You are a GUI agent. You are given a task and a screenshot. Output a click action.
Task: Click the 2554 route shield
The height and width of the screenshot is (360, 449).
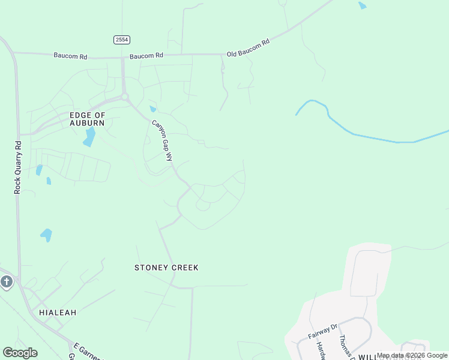[122, 40]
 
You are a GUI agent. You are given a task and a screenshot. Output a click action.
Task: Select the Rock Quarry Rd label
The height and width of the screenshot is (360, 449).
[18, 167]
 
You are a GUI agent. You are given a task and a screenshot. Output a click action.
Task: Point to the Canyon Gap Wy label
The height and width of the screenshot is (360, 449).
[161, 140]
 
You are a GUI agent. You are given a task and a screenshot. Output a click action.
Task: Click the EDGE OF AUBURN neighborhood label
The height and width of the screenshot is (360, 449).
[87, 118]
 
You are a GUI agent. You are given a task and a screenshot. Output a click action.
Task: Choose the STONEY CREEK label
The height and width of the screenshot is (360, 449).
[166, 268]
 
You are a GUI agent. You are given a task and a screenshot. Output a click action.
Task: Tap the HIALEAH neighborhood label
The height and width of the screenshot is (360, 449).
[58, 313]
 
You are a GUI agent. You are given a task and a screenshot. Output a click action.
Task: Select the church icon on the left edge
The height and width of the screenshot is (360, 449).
[7, 281]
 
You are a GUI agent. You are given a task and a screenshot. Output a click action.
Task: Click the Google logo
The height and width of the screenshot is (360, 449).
[20, 353]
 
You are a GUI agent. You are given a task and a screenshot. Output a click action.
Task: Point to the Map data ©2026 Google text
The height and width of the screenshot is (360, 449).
[412, 355]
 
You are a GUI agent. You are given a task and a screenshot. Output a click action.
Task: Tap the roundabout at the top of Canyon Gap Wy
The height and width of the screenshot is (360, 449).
[125, 97]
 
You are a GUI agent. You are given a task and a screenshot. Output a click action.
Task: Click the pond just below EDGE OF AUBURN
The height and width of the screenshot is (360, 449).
[89, 137]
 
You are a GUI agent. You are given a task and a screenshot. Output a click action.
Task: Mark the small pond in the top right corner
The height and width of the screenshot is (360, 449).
[362, 6]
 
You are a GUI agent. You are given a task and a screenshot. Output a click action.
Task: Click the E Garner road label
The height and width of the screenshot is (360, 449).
[85, 350]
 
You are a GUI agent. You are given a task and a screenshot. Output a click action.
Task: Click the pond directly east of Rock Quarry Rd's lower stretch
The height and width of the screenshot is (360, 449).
[46, 235]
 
